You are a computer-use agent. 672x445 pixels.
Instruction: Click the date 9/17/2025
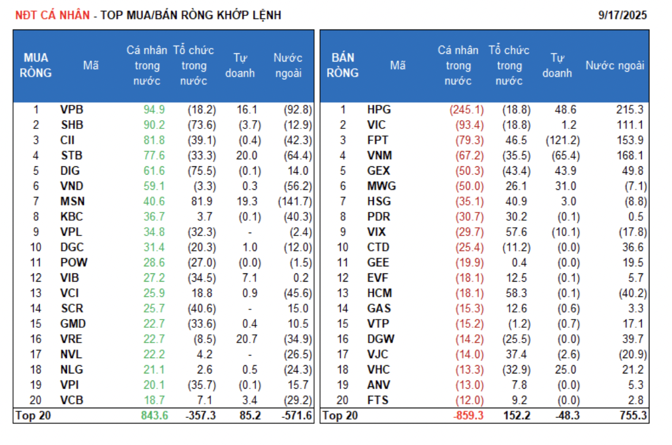623,15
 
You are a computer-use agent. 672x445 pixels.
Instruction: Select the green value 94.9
154,109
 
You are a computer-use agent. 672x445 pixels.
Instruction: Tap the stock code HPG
379,109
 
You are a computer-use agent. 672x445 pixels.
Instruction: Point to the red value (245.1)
466,109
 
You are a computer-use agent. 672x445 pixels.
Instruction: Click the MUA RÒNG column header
36,66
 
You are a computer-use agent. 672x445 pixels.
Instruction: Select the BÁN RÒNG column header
343,66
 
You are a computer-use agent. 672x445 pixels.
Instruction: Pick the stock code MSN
72,201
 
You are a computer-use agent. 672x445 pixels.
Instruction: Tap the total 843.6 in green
155,415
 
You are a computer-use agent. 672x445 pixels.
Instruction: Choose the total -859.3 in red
467,415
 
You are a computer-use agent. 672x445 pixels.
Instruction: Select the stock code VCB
72,400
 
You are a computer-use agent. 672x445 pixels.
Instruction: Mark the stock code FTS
377,400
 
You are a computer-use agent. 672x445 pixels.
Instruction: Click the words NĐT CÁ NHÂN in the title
52,15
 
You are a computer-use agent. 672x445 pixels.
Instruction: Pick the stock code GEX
378,171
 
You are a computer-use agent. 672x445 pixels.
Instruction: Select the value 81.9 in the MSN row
202,201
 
